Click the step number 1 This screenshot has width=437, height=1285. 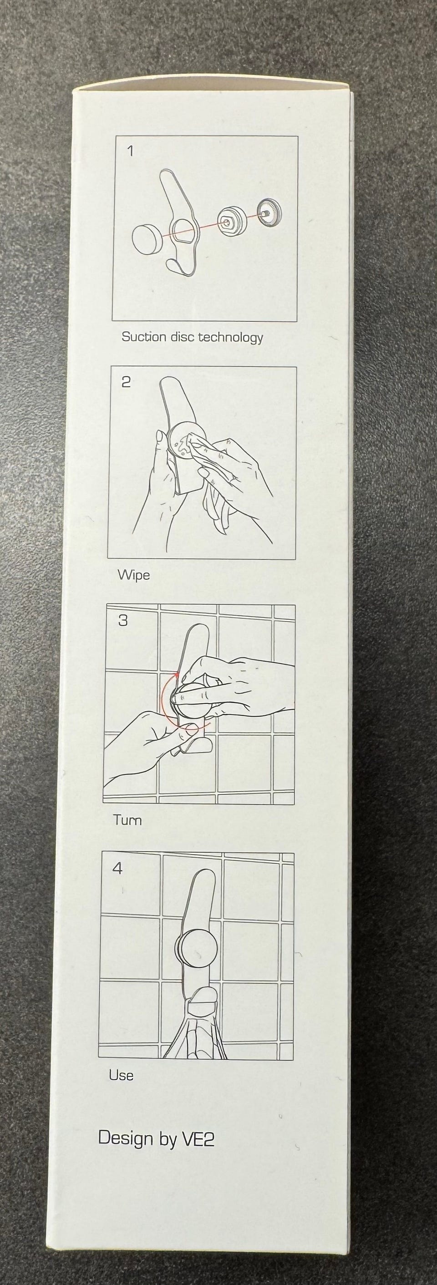click(131, 151)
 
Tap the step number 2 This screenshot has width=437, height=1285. click(126, 382)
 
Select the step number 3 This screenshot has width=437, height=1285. click(123, 620)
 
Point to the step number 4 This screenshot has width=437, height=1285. click(117, 869)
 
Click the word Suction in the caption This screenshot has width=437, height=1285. click(144, 337)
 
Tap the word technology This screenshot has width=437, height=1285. click(230, 338)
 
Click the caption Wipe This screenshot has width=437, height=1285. click(134, 575)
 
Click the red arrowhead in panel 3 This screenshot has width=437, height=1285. click(177, 675)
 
